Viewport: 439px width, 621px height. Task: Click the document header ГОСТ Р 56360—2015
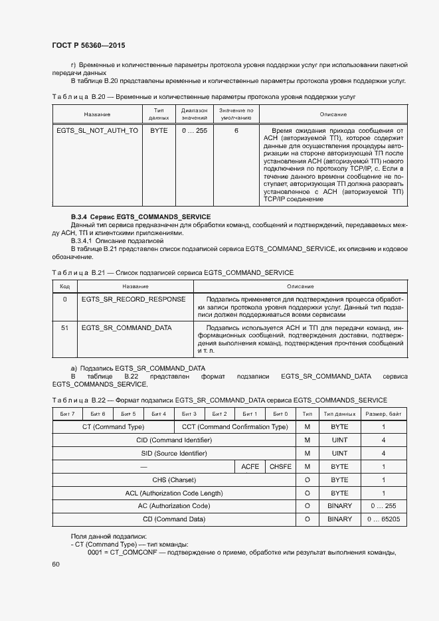88,45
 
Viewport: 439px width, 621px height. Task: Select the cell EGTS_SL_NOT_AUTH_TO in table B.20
97,131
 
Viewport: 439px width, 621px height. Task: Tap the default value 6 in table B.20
236,131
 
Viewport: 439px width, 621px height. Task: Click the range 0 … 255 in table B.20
195,131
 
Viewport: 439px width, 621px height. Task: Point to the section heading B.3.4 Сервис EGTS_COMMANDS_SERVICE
141,217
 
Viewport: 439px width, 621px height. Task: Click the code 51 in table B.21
64,328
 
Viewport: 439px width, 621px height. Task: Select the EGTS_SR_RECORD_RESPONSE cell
133,300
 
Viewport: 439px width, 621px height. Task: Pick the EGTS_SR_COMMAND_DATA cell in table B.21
126,328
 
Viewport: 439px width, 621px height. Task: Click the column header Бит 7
67,414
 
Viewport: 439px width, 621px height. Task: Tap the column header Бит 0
280,414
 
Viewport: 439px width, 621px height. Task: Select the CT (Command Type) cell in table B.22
113,427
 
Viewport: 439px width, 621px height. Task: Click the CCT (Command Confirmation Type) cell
234,427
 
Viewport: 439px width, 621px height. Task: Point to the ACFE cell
250,467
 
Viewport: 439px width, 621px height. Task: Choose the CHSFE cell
280,467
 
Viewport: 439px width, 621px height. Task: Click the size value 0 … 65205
383,519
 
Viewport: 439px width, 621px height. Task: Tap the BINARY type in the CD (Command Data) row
339,519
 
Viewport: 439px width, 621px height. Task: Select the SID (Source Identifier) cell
174,454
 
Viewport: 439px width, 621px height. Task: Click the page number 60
56,565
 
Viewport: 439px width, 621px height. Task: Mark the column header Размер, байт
383,414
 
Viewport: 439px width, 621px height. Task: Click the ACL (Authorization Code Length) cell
174,493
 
